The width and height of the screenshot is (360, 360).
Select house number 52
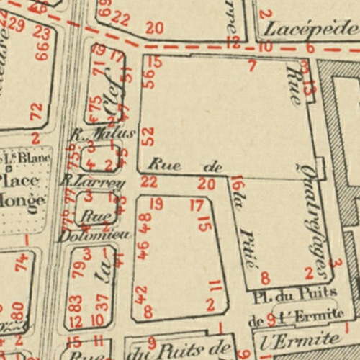tap(148, 135)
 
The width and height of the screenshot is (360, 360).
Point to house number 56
tap(149, 78)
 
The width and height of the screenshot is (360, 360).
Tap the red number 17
tap(197, 205)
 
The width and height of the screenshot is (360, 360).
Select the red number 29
tap(17, 26)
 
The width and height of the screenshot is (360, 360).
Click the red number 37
tap(103, 300)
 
